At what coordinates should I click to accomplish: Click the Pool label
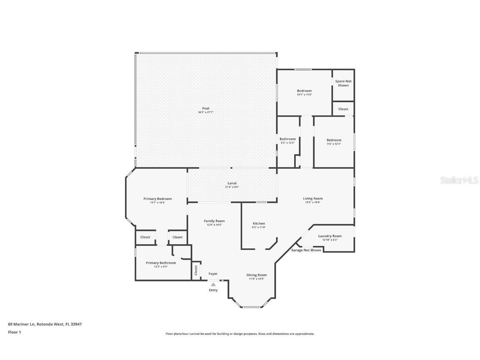[206, 108]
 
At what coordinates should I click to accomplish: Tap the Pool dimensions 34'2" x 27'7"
[206, 112]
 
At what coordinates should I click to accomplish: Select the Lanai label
[232, 183]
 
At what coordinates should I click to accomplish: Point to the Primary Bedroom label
[157, 199]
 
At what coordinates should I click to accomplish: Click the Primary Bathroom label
[161, 263]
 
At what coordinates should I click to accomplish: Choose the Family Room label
[214, 221]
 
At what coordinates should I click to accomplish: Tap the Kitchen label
[258, 223]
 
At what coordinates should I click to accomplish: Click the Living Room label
[312, 198]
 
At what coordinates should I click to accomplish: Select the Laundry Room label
[330, 236]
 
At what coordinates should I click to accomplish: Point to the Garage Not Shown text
[306, 250]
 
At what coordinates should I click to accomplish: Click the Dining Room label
[256, 275]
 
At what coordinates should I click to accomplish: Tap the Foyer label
[213, 274]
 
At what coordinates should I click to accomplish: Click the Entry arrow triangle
[213, 285]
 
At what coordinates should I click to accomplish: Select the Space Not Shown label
[343, 83]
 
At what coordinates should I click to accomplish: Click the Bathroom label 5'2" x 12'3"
[287, 139]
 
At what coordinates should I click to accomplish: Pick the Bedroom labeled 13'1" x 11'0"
[304, 91]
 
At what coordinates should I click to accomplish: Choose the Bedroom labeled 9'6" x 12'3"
[334, 140]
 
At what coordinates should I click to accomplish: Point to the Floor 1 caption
[14, 332]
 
